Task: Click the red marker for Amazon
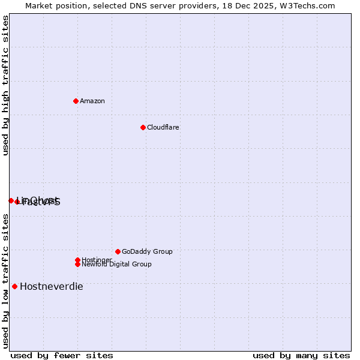click(x=76, y=101)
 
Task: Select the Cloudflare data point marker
click(x=143, y=127)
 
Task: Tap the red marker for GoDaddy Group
click(x=118, y=251)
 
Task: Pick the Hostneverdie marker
click(x=14, y=286)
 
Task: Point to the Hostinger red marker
click(x=77, y=260)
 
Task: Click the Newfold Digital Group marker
click(x=77, y=264)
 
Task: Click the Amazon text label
click(x=92, y=101)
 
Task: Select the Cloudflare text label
click(x=163, y=127)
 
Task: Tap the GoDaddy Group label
click(x=147, y=251)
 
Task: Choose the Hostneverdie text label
click(x=52, y=286)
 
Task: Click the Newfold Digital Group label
click(x=117, y=265)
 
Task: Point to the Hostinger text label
click(x=96, y=259)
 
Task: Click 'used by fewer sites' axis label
click(x=62, y=355)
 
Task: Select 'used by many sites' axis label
click(x=301, y=355)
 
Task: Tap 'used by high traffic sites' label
click(x=5, y=85)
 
